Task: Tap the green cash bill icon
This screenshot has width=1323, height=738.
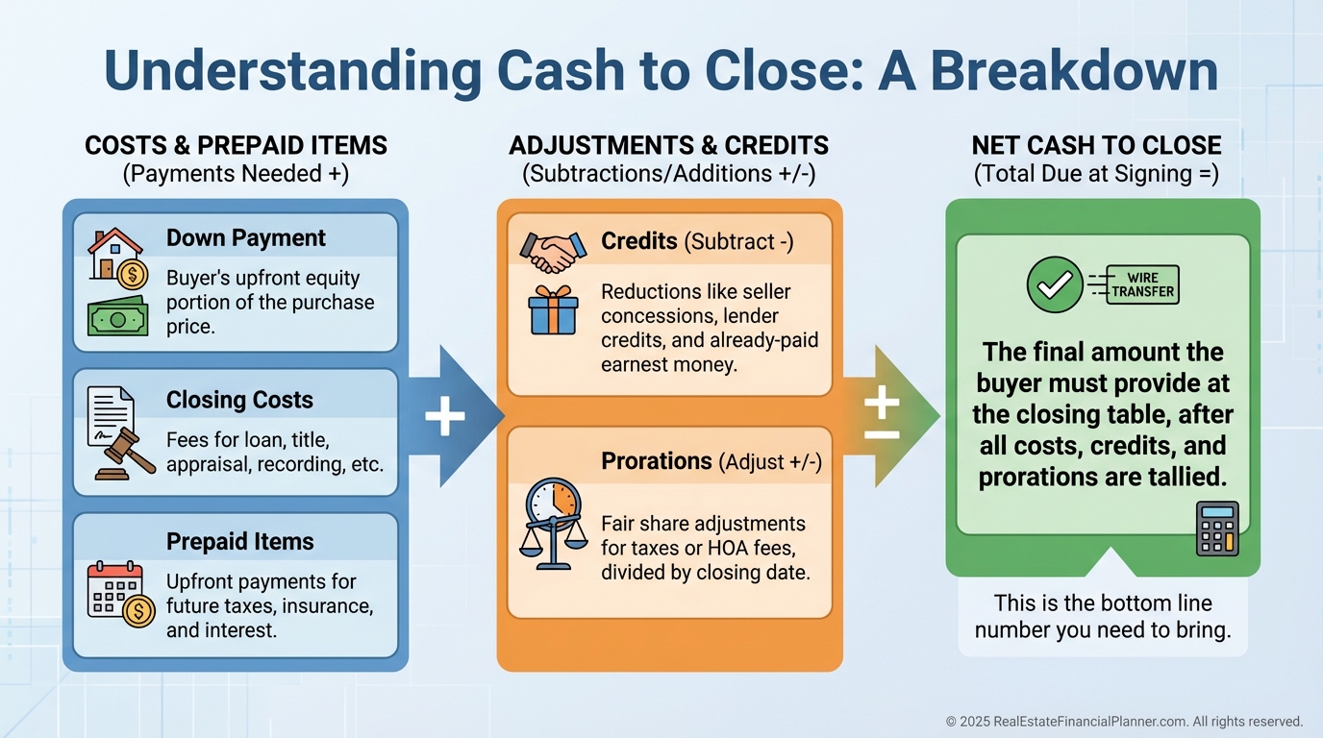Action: [117, 316]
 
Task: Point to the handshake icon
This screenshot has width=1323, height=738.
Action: [553, 250]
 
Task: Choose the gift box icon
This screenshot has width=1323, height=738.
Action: [553, 310]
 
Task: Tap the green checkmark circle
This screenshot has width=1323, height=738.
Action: [1055, 284]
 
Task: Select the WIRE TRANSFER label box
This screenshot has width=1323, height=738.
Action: [1142, 285]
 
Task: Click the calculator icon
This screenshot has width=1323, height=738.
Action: [1216, 529]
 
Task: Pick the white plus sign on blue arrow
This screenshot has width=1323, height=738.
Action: [444, 416]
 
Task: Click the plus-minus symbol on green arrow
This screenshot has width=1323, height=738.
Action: [882, 415]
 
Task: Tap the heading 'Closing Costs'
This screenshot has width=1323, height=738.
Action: [239, 400]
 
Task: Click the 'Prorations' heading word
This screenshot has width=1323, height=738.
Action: [657, 461]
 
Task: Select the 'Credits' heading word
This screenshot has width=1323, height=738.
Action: [639, 241]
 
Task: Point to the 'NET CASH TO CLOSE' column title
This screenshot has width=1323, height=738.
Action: [1096, 146]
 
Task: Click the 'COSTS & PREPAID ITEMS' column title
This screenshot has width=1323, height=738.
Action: [236, 146]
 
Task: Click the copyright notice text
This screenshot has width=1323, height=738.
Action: [1124, 721]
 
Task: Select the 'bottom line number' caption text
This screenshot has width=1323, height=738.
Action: [1103, 616]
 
